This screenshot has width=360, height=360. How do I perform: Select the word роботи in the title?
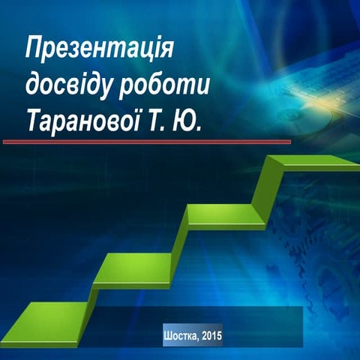[x=166, y=83]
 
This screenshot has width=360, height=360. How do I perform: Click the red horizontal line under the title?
[x=146, y=141]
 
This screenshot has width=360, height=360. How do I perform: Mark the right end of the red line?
[x=289, y=141]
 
